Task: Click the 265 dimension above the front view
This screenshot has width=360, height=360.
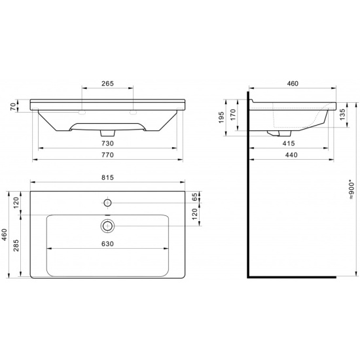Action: (108, 83)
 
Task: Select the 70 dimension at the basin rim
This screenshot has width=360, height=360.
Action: (13, 107)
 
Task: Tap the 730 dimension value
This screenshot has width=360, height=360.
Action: (108, 143)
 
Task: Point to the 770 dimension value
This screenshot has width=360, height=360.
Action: (108, 155)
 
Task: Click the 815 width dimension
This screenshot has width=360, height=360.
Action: (108, 177)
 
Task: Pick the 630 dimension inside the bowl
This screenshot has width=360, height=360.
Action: (108, 243)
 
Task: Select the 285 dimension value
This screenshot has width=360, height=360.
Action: (16, 245)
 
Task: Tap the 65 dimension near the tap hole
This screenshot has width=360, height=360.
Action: (194, 197)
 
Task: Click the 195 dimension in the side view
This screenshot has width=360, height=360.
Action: (221, 117)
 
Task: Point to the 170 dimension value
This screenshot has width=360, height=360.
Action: (233, 115)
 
